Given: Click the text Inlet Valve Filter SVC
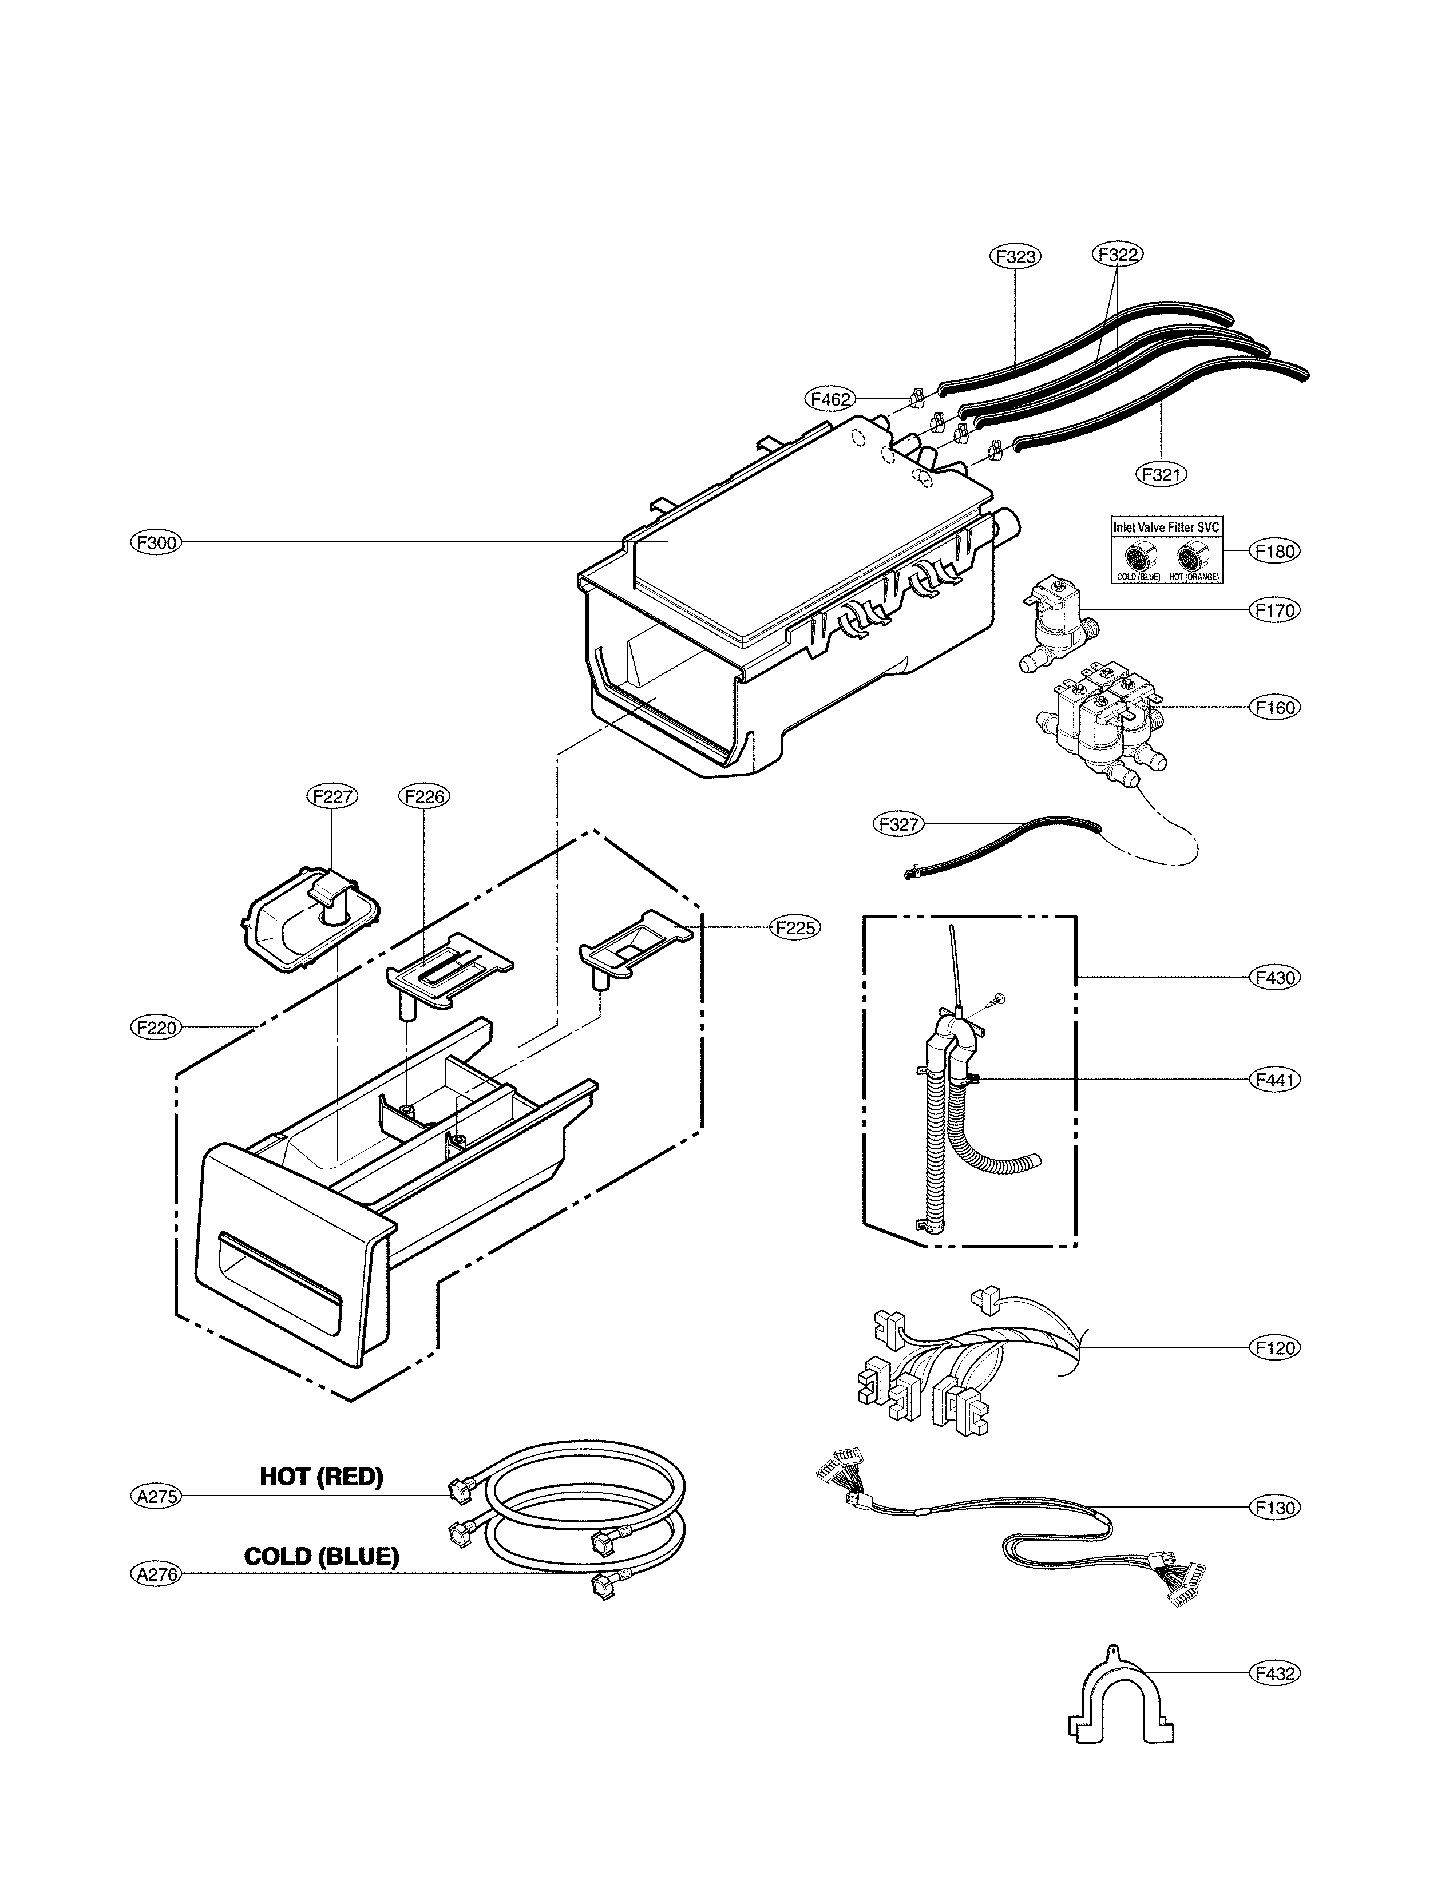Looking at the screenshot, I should tap(1166, 527).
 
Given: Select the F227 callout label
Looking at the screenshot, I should tap(332, 796).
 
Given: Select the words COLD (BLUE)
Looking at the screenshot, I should tap(321, 1557).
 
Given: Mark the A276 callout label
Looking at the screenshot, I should tap(157, 1574).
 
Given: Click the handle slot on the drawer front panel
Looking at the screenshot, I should tap(281, 1275).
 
